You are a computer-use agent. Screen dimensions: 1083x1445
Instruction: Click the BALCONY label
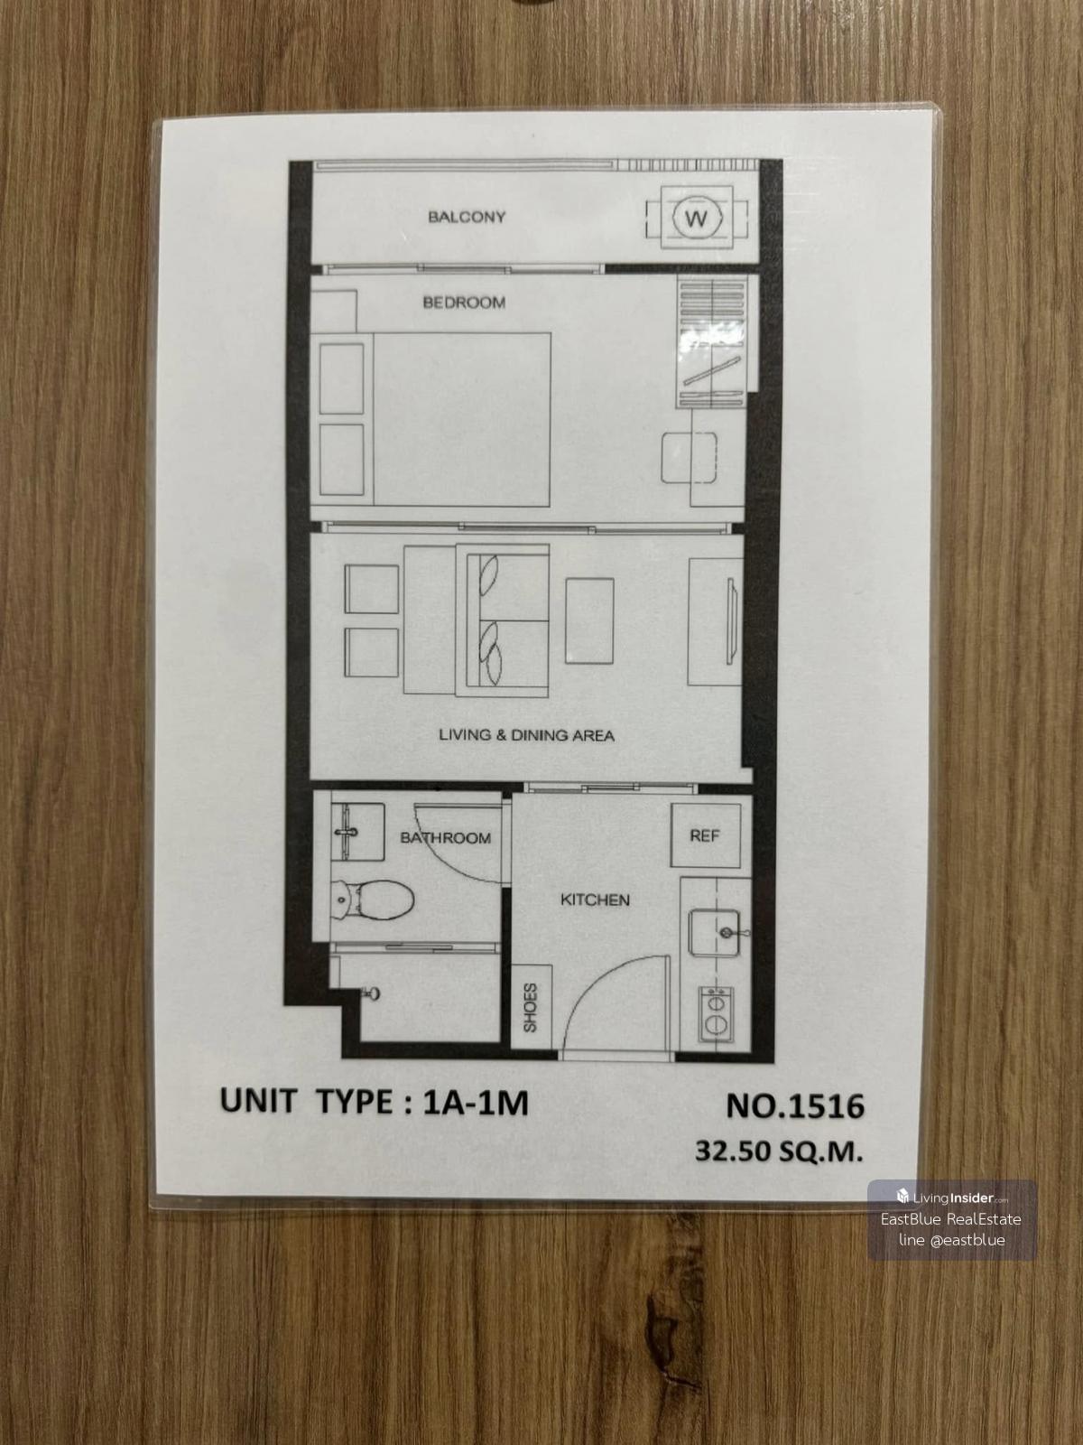pyautogui.click(x=467, y=218)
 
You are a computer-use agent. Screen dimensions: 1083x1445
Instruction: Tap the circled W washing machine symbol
pyautogui.click(x=697, y=217)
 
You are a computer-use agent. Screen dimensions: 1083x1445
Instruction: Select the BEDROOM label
pyautogui.click(x=464, y=303)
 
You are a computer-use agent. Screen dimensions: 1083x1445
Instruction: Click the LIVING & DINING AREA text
pyautogui.click(x=526, y=735)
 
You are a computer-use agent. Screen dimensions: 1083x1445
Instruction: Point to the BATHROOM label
pyautogui.click(x=445, y=838)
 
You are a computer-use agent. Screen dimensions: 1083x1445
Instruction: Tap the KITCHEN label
pyautogui.click(x=595, y=900)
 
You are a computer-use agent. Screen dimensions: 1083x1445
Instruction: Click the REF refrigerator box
pyautogui.click(x=705, y=835)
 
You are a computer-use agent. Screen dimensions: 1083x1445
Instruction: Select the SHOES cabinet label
pyautogui.click(x=530, y=1008)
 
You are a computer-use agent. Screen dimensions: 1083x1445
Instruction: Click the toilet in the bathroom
pyautogui.click(x=372, y=900)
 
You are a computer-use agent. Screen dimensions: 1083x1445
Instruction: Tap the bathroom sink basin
pyautogui.click(x=357, y=832)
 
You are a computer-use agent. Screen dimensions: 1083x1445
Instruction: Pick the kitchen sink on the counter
pyautogui.click(x=714, y=931)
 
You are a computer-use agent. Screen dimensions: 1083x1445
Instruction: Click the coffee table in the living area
pyautogui.click(x=589, y=620)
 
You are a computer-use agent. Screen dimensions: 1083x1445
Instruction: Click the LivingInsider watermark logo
pyautogui.click(x=952, y=1199)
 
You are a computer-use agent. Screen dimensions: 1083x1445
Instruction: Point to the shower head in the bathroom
pyautogui.click(x=370, y=993)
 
